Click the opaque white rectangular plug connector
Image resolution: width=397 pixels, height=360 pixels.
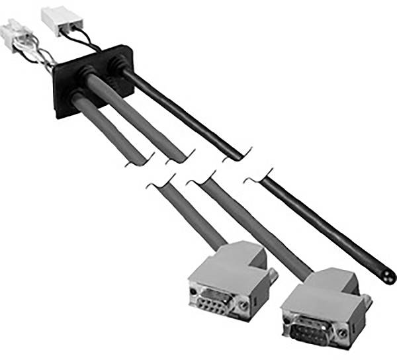click(x=58, y=19)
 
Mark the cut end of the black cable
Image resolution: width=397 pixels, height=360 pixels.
click(x=388, y=276)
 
